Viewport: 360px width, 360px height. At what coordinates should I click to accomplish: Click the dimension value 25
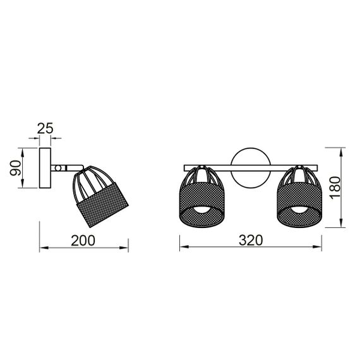click(45, 128)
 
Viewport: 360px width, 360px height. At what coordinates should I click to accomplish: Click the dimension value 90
click(16, 168)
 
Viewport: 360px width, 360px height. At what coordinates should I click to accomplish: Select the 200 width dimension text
click(83, 241)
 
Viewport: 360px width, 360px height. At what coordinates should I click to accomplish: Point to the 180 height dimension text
click(337, 188)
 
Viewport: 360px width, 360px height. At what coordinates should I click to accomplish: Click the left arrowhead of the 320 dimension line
click(183, 248)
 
